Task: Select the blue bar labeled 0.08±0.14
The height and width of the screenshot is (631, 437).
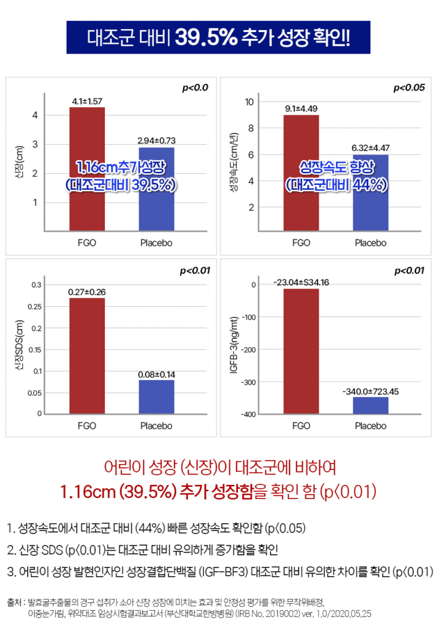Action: pos(156,397)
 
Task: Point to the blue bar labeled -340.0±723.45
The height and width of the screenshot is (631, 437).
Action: pos(370,405)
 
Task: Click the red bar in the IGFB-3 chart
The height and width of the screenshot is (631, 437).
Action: pos(301,351)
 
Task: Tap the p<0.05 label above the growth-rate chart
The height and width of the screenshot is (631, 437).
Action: pos(409,88)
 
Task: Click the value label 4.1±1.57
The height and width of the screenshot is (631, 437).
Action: pos(87,100)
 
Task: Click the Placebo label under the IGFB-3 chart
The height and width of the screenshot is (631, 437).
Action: pos(370,426)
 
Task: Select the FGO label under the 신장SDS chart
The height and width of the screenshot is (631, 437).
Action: pos(87,426)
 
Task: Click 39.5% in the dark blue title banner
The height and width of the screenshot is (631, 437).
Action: pos(206,38)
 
